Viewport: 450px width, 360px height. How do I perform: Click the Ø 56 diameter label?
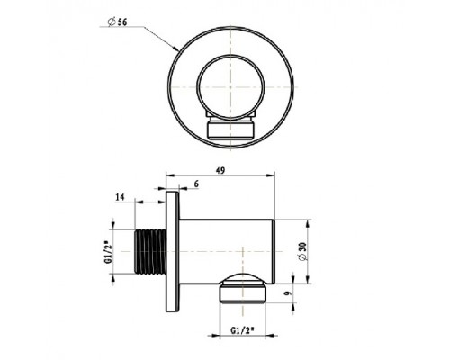(117, 22)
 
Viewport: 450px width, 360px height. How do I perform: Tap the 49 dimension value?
(220, 170)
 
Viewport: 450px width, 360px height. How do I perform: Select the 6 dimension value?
(196, 184)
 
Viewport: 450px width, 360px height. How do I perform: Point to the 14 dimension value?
(120, 197)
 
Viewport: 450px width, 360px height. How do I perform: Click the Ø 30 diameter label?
(302, 251)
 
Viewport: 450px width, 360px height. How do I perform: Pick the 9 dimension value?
(287, 292)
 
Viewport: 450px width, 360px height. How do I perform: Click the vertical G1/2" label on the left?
(108, 254)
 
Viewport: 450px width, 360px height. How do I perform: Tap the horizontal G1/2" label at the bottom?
(242, 330)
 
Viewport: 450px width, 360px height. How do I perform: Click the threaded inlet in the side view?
(150, 251)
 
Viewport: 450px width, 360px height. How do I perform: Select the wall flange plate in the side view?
(173, 251)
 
